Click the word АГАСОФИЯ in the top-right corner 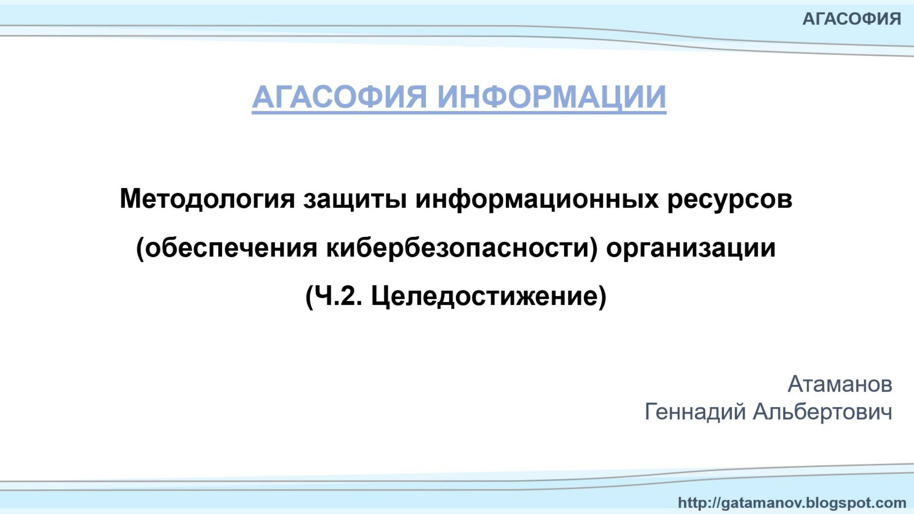852,19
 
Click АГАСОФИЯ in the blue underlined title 339,97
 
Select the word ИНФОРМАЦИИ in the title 552,97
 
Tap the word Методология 207,199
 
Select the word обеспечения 231,248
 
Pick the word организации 691,248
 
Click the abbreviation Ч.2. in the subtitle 339,296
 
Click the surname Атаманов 840,384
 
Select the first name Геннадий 695,412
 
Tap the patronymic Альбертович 822,412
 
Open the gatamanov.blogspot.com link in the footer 792,503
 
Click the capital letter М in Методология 130,199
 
